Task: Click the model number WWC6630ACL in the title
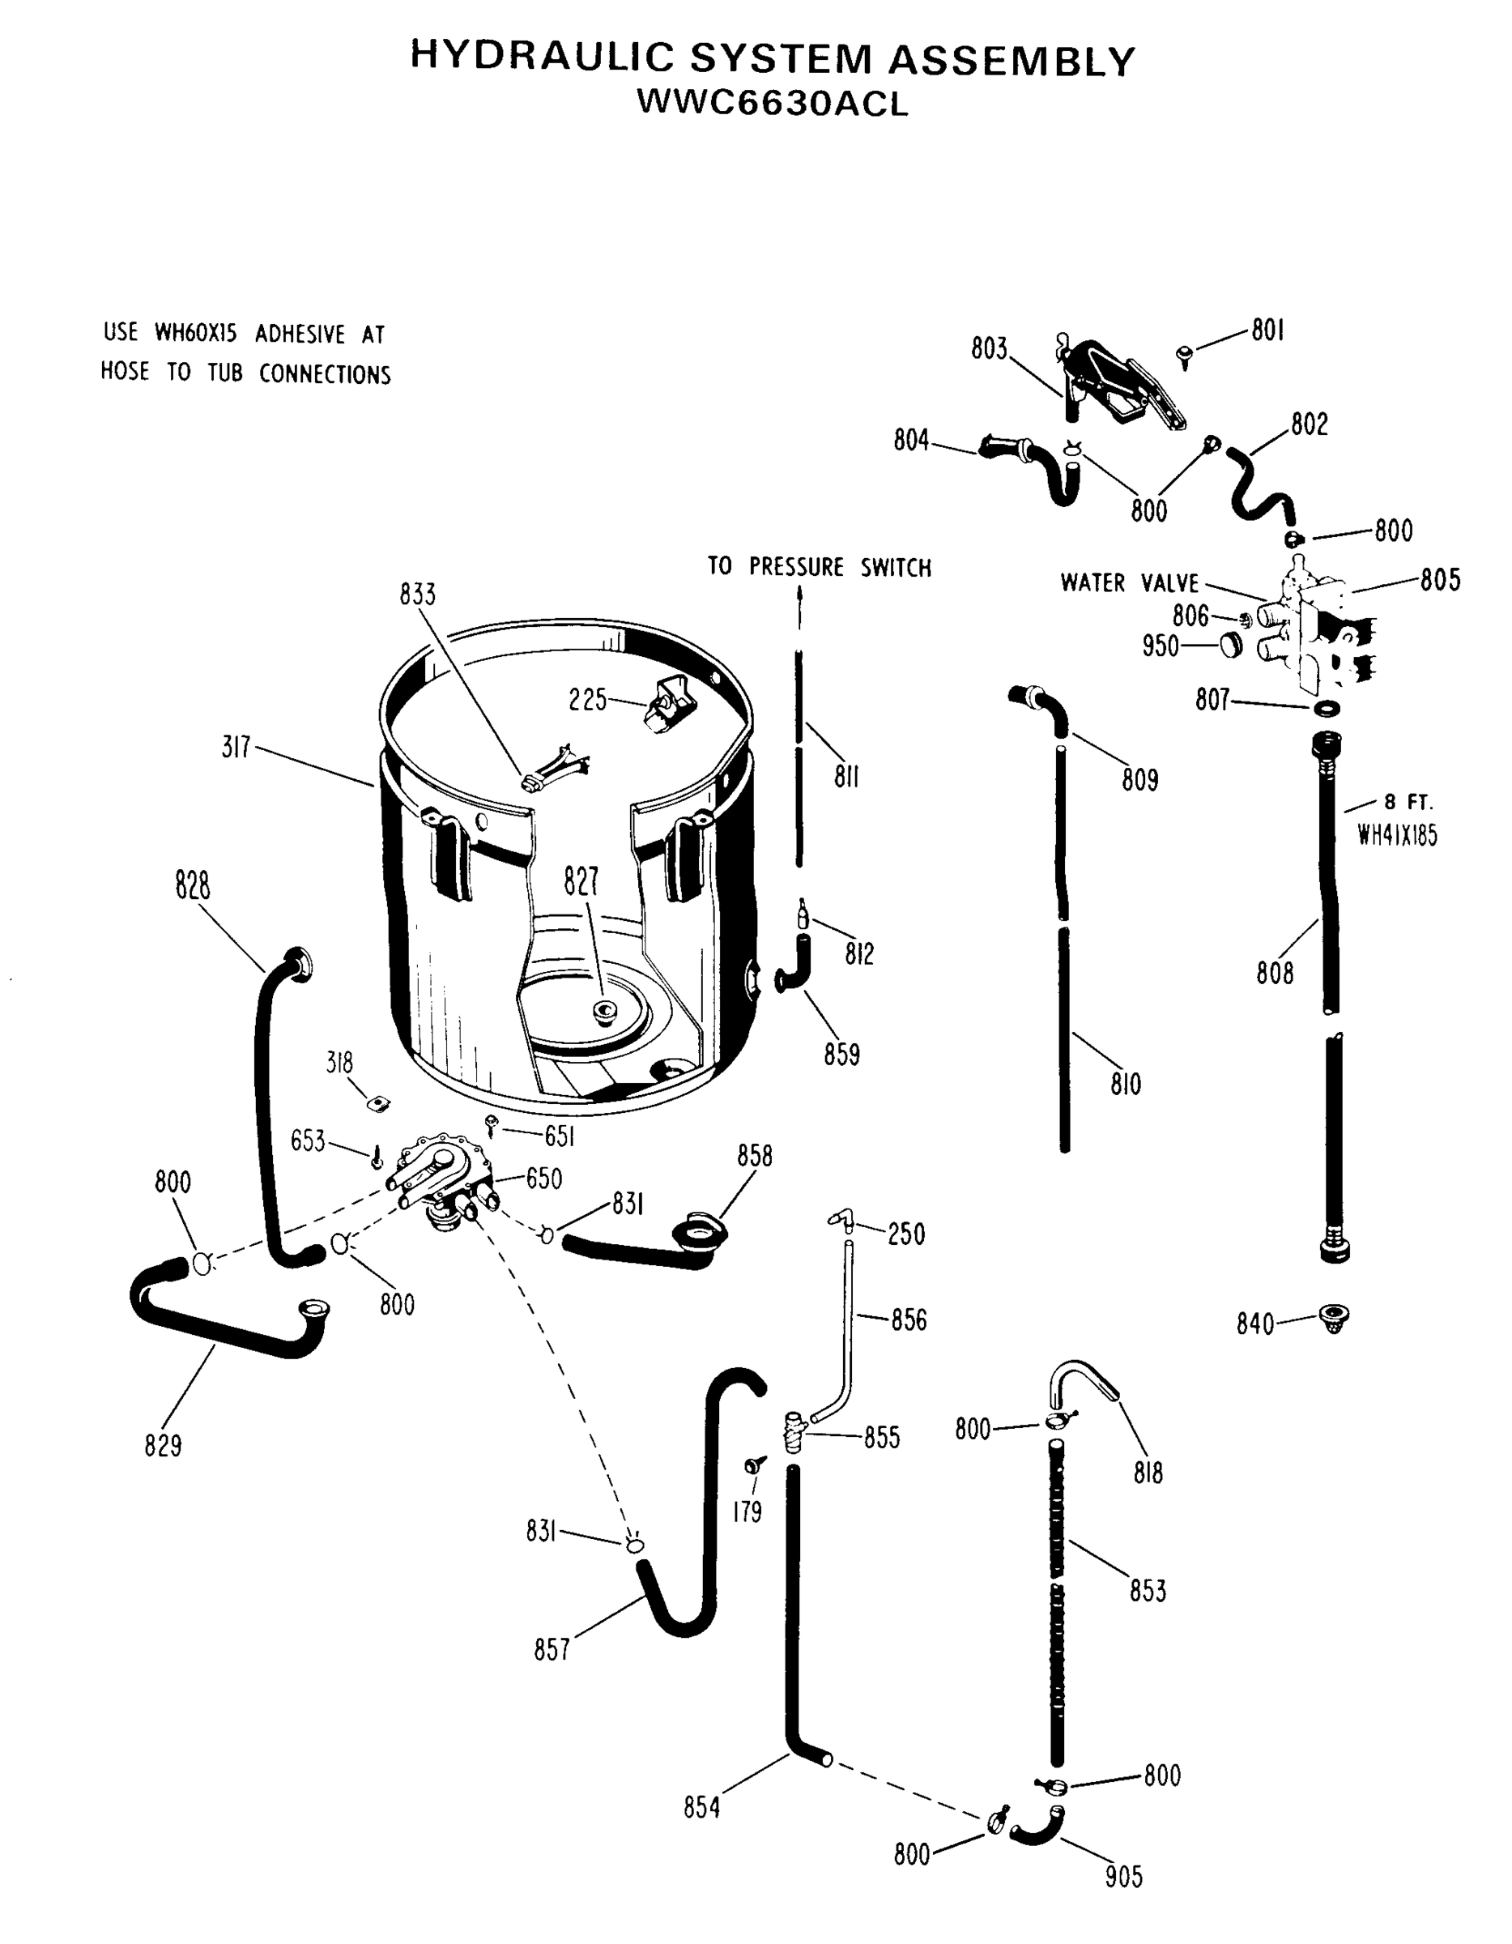point(773,104)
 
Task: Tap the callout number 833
point(417,595)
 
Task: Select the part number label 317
point(236,747)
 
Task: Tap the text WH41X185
point(1396,836)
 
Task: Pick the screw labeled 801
point(1185,357)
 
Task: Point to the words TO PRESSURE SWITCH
point(819,567)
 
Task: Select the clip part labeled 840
point(1333,1316)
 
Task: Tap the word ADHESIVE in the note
point(300,335)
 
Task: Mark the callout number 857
point(551,1649)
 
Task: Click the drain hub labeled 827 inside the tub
point(605,1010)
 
